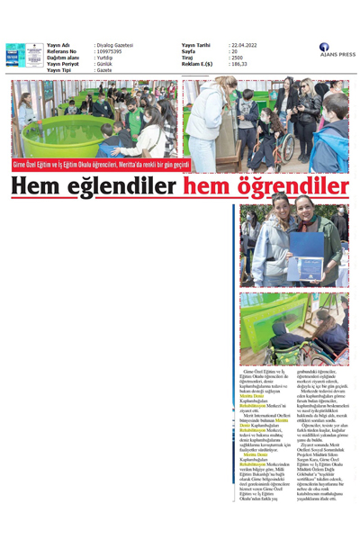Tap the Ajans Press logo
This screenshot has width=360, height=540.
point(337,49)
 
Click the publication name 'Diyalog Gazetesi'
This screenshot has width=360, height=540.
point(114,44)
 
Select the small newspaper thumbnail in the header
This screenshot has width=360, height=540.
point(15,54)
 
